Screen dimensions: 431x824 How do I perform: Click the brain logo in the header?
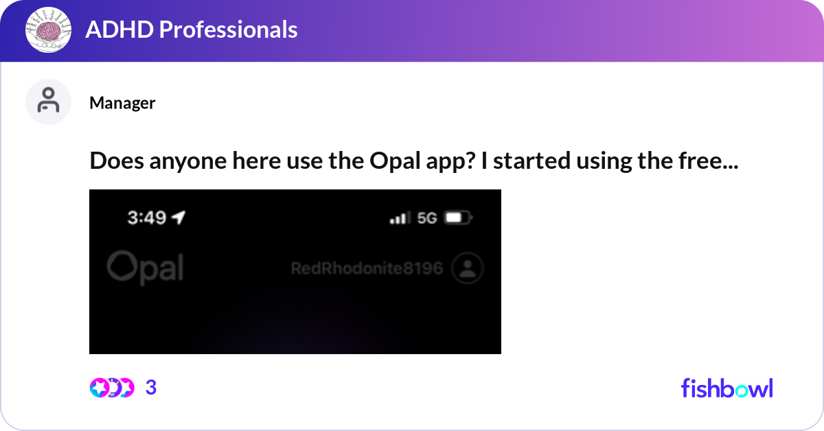pos(49,31)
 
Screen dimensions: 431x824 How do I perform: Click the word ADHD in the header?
pos(114,30)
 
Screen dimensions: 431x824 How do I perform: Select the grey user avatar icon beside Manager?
pos(48,102)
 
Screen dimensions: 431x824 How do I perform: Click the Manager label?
pos(122,103)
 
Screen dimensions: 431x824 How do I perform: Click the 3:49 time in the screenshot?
pos(147,218)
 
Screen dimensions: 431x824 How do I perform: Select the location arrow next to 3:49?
pos(179,218)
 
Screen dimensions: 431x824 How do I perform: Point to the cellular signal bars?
pos(398,218)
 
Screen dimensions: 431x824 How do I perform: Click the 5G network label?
pos(427,218)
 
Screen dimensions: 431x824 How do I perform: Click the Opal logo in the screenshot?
pos(146,268)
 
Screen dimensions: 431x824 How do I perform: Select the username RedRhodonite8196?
pos(367,268)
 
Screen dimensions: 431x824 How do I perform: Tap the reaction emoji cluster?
pos(111,388)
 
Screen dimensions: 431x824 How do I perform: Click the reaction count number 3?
pos(151,388)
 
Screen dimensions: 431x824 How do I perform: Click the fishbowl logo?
pos(726,388)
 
